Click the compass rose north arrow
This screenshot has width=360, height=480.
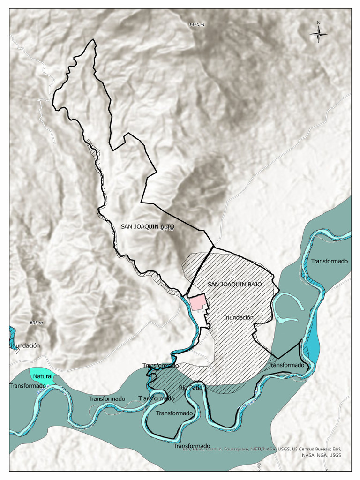(x=319, y=33)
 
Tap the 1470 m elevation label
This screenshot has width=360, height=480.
(x=197, y=24)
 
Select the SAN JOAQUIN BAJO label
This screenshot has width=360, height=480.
(x=234, y=285)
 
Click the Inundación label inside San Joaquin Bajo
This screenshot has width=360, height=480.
(x=238, y=317)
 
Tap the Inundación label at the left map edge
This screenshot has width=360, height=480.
(x=25, y=345)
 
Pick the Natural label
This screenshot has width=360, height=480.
(x=43, y=376)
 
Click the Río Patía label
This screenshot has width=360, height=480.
(x=190, y=388)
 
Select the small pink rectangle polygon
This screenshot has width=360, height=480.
(x=197, y=302)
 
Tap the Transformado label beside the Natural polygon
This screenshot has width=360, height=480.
(x=27, y=386)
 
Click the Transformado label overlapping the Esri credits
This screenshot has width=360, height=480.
(x=192, y=446)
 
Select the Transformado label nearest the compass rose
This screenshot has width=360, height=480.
(x=329, y=261)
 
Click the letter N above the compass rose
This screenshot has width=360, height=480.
(x=318, y=23)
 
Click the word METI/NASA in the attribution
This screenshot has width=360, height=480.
(x=276, y=449)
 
